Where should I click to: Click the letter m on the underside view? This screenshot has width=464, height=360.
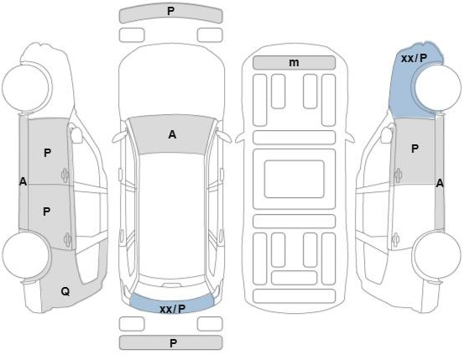tap(294, 62)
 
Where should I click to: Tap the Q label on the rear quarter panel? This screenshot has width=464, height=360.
tap(65, 292)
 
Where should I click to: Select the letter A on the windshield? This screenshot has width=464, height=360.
tap(172, 135)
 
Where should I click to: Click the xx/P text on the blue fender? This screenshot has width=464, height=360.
tap(414, 59)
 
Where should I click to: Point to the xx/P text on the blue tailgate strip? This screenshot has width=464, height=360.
tap(173, 309)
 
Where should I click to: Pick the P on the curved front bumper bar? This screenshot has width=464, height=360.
tap(170, 11)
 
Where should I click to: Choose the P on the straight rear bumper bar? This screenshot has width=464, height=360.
tap(173, 343)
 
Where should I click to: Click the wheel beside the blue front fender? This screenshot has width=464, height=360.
tap(438, 87)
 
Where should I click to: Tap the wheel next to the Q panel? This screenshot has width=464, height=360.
tap(26, 255)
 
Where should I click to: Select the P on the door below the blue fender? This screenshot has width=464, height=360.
tap(414, 149)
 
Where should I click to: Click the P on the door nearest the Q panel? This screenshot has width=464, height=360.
tap(46, 211)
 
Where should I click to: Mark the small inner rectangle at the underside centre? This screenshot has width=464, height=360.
tap(295, 179)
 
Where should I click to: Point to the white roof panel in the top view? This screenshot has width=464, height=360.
tap(173, 213)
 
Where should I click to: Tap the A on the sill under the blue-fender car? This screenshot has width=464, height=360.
tap(440, 184)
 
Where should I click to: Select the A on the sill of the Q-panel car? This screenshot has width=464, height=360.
tap(23, 181)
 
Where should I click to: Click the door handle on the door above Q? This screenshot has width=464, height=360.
tap(67, 239)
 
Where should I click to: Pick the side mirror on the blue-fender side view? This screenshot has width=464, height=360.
tap(387, 135)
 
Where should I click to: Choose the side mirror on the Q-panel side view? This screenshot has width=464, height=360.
tap(76, 135)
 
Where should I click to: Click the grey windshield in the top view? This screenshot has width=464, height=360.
tap(172, 135)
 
